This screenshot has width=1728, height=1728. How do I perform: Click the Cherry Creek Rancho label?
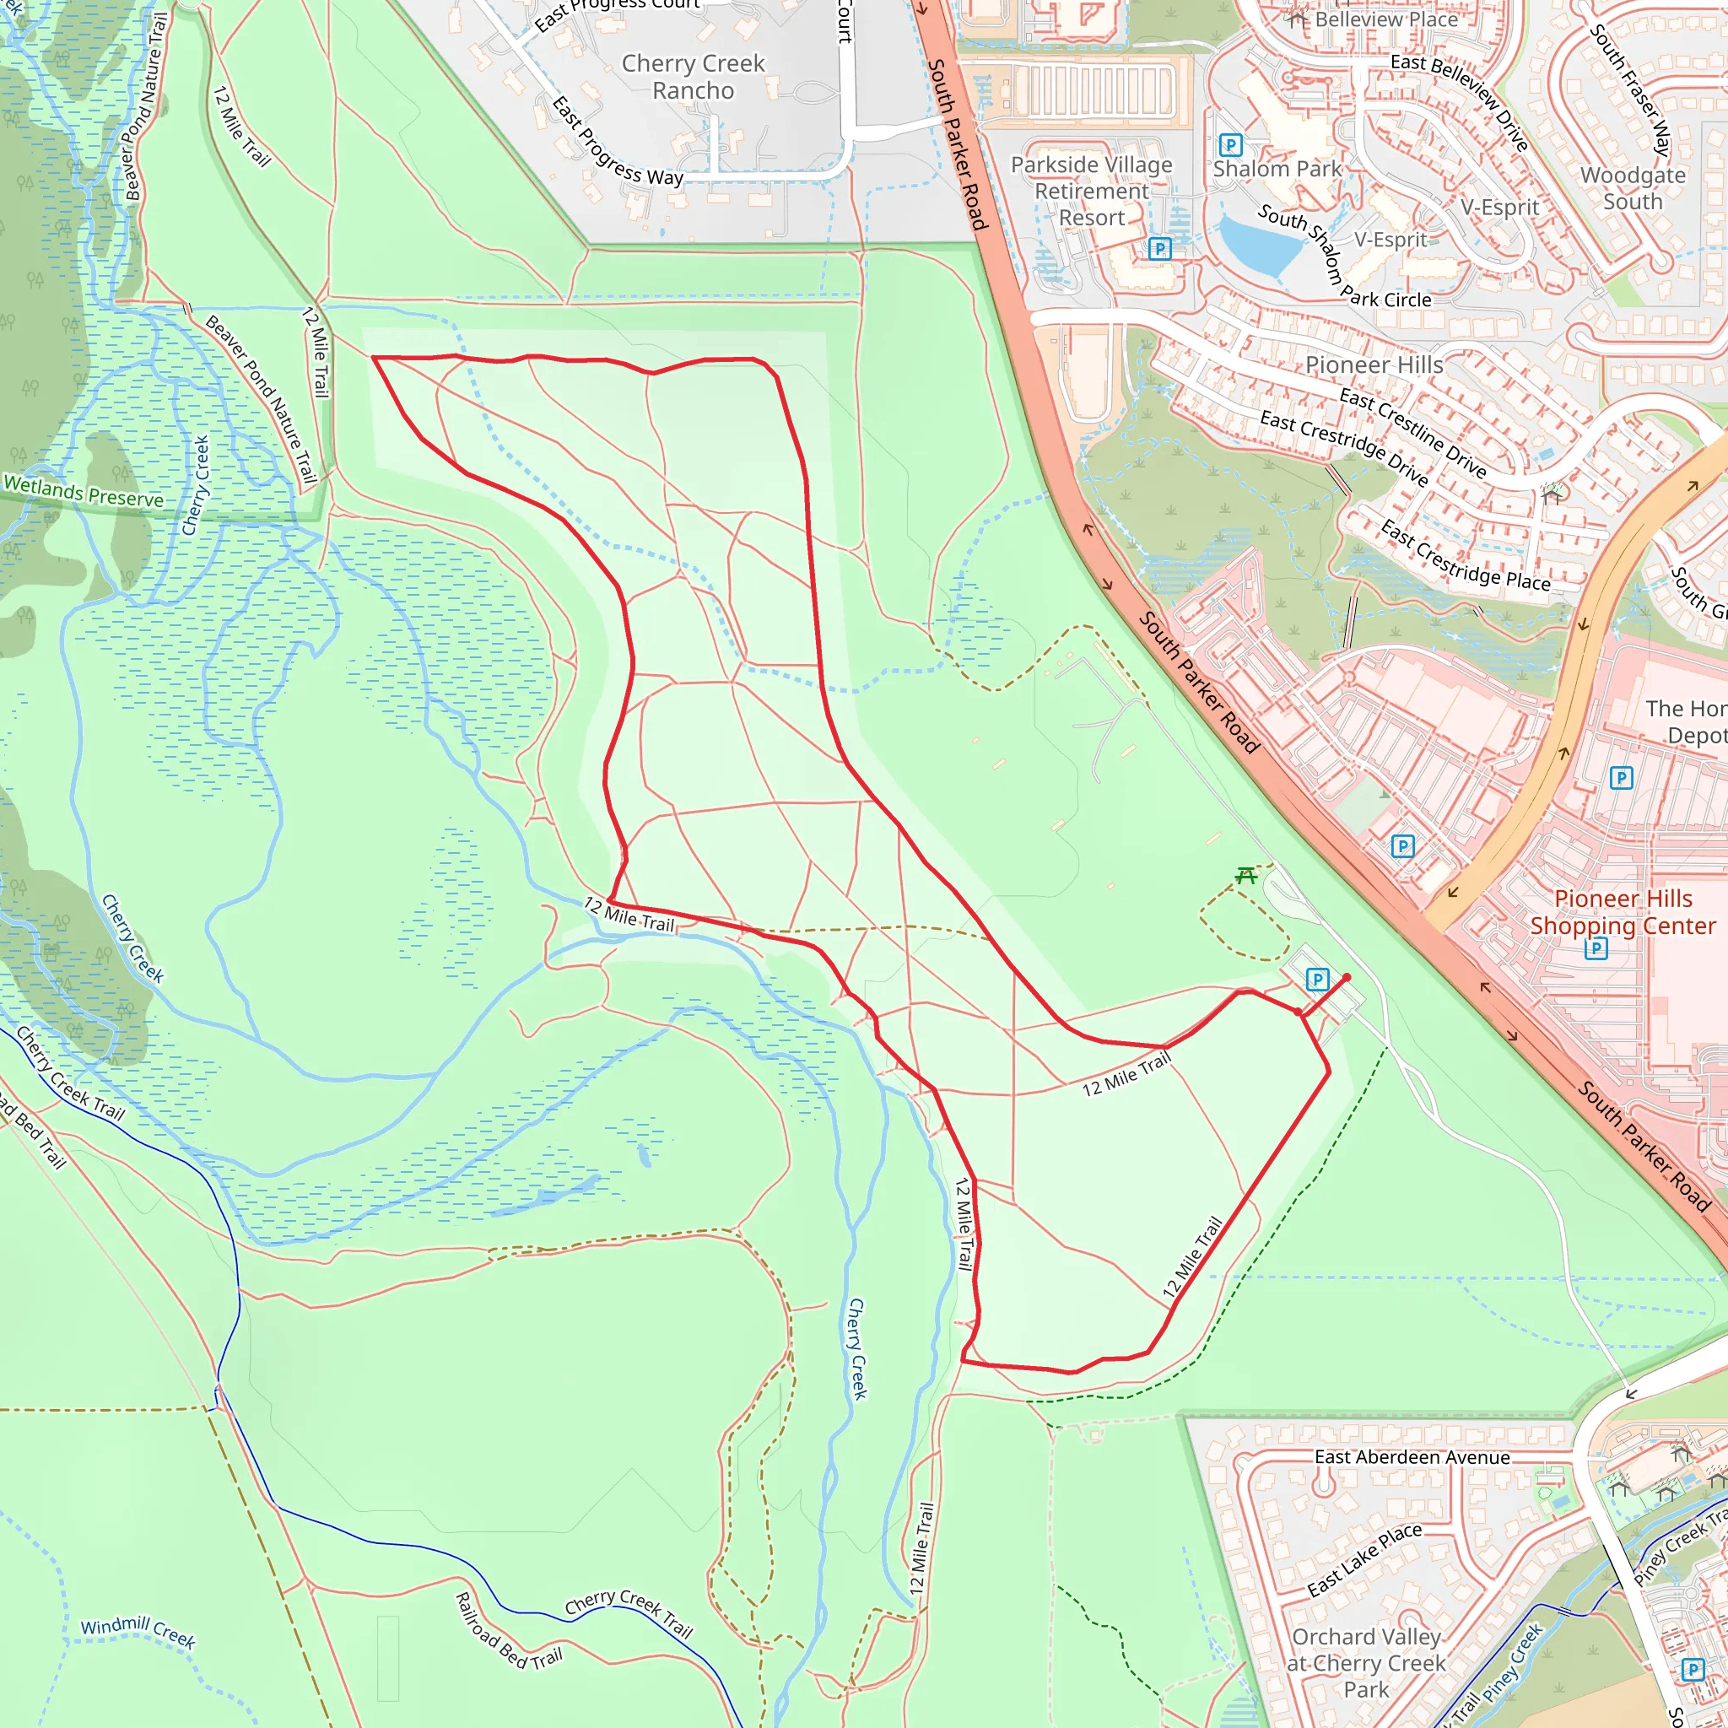coord(694,77)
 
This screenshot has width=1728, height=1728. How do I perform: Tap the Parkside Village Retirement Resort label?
coord(1091,192)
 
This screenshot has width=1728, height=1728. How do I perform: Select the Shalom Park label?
coord(1277,169)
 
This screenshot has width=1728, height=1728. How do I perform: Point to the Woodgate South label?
coord(1633,188)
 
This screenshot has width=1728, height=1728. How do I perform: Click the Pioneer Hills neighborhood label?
coord(1374,364)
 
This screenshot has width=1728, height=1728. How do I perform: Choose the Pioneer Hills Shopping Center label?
coord(1623,911)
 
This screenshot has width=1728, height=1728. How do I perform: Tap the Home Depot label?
coord(1686,721)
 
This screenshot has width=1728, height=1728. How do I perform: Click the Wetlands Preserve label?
coord(84,492)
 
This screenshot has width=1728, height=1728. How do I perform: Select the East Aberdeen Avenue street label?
coord(1412,1457)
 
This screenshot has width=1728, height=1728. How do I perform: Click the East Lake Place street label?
coord(1364,1560)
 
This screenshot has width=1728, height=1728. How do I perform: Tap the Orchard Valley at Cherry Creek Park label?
coord(1366,1663)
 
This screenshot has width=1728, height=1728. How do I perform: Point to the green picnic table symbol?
coord(1246,876)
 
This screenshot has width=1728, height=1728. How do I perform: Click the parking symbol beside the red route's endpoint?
coord(1316,980)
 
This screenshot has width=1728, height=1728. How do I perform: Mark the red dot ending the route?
coord(1346,978)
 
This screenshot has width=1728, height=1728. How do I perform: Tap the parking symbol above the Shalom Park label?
coord(1231,145)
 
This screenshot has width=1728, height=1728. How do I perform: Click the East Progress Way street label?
coord(617,143)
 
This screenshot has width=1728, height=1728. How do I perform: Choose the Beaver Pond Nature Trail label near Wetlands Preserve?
coord(262,399)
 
